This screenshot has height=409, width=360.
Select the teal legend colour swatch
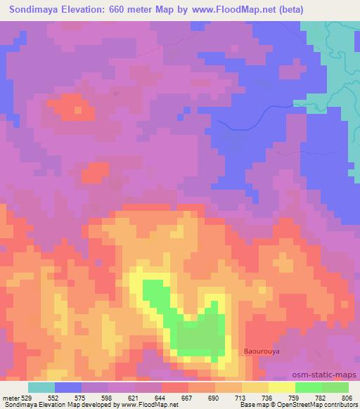(x=41, y=387)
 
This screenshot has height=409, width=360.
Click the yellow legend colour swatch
(x=281, y=387)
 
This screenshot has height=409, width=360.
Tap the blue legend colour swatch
(x=68, y=387)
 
